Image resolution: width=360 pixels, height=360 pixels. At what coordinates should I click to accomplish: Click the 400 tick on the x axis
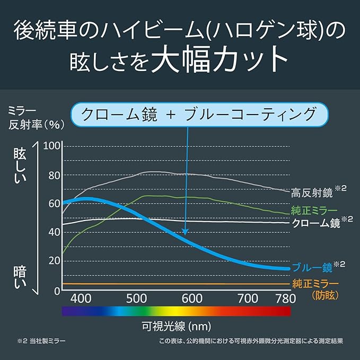pyautogui.click(x=81, y=298)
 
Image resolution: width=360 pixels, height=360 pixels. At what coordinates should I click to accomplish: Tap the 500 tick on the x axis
pyautogui.click(x=137, y=298)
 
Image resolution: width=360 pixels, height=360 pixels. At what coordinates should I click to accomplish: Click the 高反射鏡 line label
pyautogui.click(x=314, y=191)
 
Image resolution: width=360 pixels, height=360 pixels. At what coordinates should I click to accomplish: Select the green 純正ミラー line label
pyautogui.click(x=314, y=209)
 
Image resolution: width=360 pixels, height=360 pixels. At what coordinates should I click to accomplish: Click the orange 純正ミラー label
pyautogui.click(x=314, y=282)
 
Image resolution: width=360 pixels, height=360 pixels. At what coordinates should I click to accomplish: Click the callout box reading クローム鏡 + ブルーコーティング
pyautogui.click(x=199, y=115)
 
